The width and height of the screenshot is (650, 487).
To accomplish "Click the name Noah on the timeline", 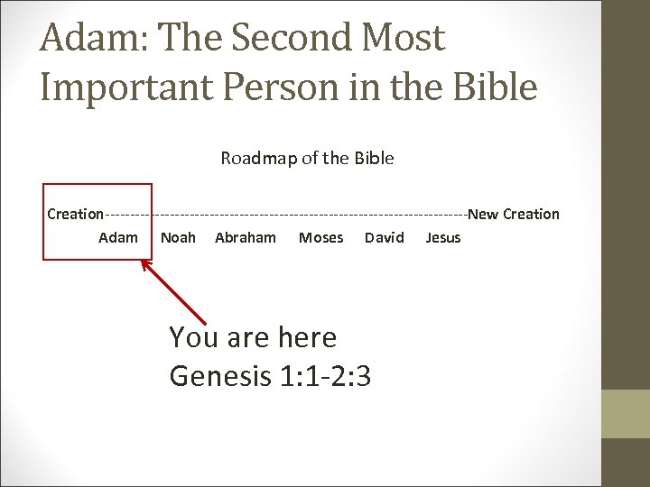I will pyautogui.click(x=178, y=237).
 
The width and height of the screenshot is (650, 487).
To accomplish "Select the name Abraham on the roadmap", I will pyautogui.click(x=246, y=237).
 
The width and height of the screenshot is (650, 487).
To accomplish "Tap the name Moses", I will pyautogui.click(x=320, y=237).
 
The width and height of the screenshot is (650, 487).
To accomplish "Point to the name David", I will pyautogui.click(x=385, y=237).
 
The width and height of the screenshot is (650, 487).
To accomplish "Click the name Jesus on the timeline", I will pyautogui.click(x=442, y=237).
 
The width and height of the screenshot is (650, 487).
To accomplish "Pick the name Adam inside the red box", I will pyautogui.click(x=118, y=237).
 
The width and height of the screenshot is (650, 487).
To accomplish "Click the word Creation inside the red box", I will pyautogui.click(x=75, y=214).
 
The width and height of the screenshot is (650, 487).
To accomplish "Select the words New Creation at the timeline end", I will pyautogui.click(x=514, y=214).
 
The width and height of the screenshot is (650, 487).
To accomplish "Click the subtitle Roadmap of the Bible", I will pyautogui.click(x=307, y=158).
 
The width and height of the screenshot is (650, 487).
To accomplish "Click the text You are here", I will pyautogui.click(x=253, y=337).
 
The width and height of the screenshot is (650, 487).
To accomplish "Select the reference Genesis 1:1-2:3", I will pyautogui.click(x=270, y=375).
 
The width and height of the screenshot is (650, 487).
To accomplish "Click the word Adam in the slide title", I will pyautogui.click(x=86, y=39).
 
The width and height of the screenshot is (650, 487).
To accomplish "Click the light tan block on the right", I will pyautogui.click(x=626, y=414).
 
